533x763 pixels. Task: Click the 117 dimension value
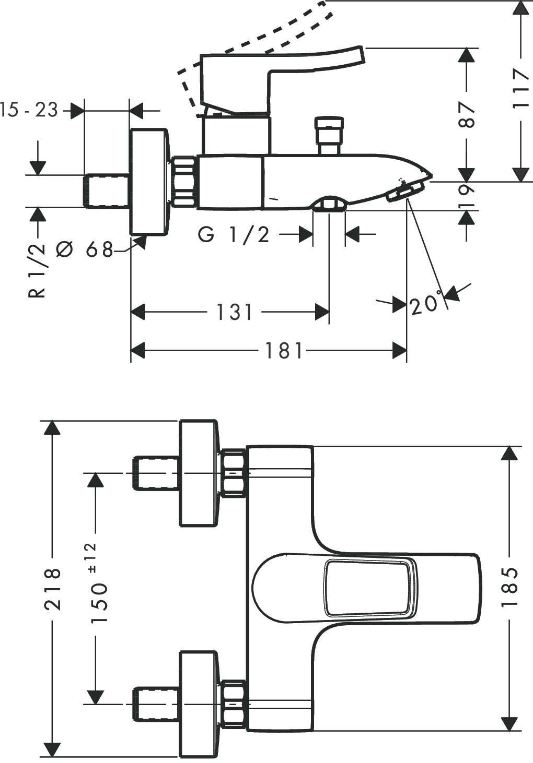(520, 88)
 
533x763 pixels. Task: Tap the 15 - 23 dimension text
(29, 110)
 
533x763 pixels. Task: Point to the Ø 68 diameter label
(84, 250)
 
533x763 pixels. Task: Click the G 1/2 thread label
(234, 235)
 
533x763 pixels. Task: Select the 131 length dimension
(234, 313)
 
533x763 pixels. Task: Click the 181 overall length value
(284, 351)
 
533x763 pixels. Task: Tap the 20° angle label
(424, 304)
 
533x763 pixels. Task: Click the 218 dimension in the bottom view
(52, 589)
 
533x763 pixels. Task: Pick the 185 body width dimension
(509, 586)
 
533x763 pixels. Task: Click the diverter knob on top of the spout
(329, 135)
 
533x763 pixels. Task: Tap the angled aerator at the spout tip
(405, 192)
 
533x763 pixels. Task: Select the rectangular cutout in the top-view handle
(370, 587)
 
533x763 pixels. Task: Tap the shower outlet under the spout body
(329, 205)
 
